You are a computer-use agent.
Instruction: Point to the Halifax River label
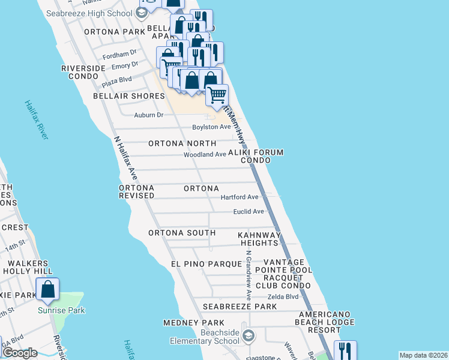37,120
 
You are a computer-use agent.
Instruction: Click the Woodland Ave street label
205,155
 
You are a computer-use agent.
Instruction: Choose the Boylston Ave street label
211,127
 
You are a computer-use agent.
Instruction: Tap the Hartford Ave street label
239,197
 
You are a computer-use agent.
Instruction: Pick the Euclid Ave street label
249,212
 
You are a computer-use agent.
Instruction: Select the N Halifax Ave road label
125,158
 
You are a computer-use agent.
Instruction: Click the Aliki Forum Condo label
262,157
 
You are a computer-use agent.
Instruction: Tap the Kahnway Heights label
259,239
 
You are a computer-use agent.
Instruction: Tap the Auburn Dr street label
149,115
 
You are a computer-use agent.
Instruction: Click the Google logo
20,353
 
